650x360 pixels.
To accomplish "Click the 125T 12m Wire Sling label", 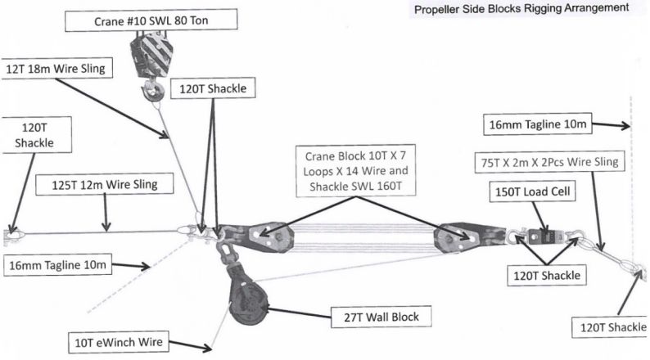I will [x=106, y=185].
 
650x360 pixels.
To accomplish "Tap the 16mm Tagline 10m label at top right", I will [x=537, y=125].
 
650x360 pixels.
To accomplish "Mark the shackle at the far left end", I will [x=10, y=236].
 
